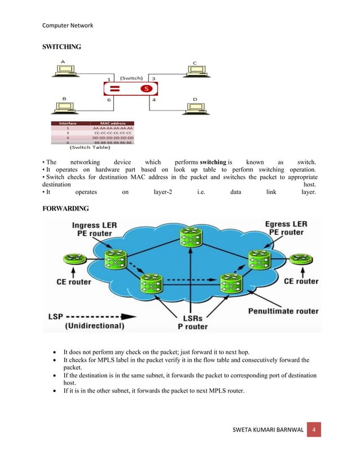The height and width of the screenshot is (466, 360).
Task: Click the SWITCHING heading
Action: click(x=62, y=47)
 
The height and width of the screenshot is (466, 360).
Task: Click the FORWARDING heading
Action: click(x=65, y=209)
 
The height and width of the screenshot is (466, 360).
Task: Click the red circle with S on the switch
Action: click(x=146, y=89)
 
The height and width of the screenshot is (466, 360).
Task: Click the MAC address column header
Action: click(x=112, y=122)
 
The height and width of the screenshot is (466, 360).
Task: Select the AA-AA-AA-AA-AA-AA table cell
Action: click(x=112, y=128)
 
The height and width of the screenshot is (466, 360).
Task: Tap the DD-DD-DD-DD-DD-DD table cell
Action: click(x=112, y=138)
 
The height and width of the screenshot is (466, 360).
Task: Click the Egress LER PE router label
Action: click(x=287, y=228)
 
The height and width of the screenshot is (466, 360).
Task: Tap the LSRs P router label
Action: click(x=192, y=322)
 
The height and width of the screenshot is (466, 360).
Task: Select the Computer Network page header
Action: click(x=68, y=25)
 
